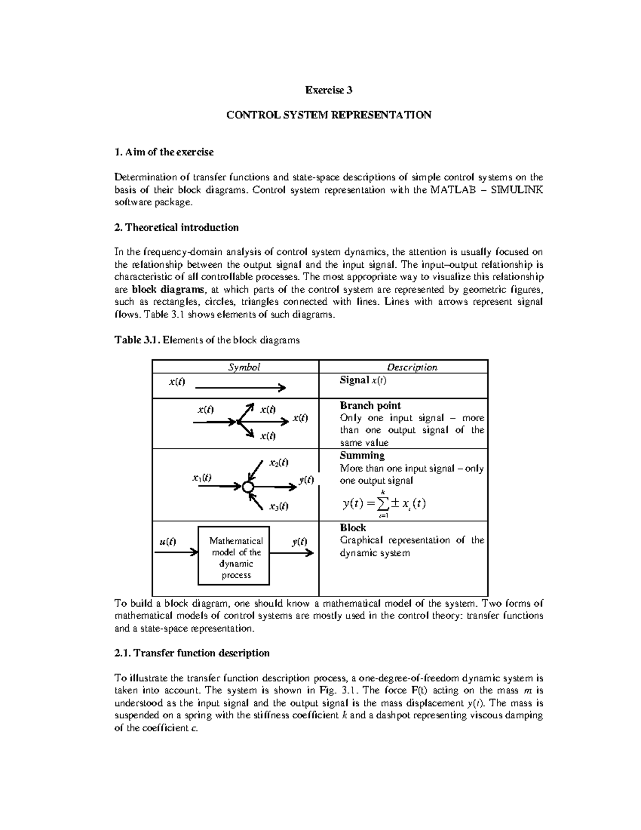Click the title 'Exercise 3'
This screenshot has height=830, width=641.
pos(329,90)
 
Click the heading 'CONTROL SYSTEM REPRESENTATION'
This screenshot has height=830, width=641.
pos(329,115)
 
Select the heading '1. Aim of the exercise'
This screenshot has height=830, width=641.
pos(164,152)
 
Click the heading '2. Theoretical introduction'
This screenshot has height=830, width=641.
pos(177,228)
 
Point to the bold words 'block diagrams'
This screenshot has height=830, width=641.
pos(168,290)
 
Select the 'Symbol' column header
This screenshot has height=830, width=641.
pos(244,367)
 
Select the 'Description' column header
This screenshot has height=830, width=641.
pos(411,367)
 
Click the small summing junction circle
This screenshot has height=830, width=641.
pos(247,487)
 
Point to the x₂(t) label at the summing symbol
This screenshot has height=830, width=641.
pos(278,462)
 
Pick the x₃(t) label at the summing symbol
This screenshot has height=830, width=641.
pos(278,506)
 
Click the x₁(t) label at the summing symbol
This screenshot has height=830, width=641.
pos(201,478)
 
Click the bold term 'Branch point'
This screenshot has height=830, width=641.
pos(370,405)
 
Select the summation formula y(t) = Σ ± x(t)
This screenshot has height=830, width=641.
pos(383,503)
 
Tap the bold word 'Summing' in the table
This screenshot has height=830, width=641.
pos(362,455)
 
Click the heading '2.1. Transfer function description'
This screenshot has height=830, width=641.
pos(192,653)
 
